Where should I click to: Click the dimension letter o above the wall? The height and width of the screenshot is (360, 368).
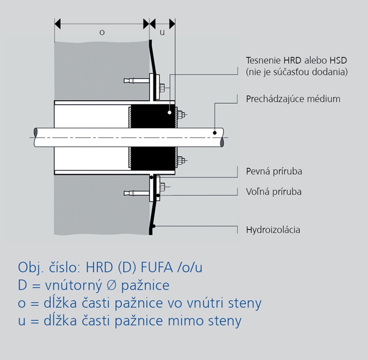tap(102, 33)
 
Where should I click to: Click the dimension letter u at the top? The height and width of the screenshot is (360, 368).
tap(162, 33)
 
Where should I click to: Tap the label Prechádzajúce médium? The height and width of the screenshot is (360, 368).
tap(293, 99)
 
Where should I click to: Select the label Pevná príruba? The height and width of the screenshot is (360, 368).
tap(274, 171)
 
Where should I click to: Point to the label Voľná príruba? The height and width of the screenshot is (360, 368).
tap(274, 191)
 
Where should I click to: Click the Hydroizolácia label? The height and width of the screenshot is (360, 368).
tap(273, 230)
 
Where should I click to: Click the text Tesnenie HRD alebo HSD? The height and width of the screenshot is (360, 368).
tap(296, 60)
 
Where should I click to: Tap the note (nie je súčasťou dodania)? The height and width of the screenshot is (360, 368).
tap(297, 72)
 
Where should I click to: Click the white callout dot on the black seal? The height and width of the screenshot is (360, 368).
tap(169, 113)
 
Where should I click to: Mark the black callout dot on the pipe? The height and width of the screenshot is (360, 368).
tap(215, 133)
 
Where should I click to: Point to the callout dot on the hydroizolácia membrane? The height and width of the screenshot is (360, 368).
tap(153, 226)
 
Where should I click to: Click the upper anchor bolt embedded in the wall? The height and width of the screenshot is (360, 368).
tap(136, 81)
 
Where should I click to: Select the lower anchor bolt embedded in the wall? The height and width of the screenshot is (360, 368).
tap(136, 193)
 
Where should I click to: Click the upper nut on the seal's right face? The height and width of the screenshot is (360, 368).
tap(181, 115)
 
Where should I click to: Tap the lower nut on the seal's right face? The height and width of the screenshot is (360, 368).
tap(181, 160)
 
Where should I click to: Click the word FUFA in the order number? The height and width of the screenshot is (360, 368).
tap(156, 267)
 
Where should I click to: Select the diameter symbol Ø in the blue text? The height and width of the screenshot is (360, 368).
tap(112, 285)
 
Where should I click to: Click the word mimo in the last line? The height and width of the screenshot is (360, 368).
tap(186, 321)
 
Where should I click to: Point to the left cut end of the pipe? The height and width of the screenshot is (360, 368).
tap(36, 137)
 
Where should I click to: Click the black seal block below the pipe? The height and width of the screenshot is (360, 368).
tap(153, 159)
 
